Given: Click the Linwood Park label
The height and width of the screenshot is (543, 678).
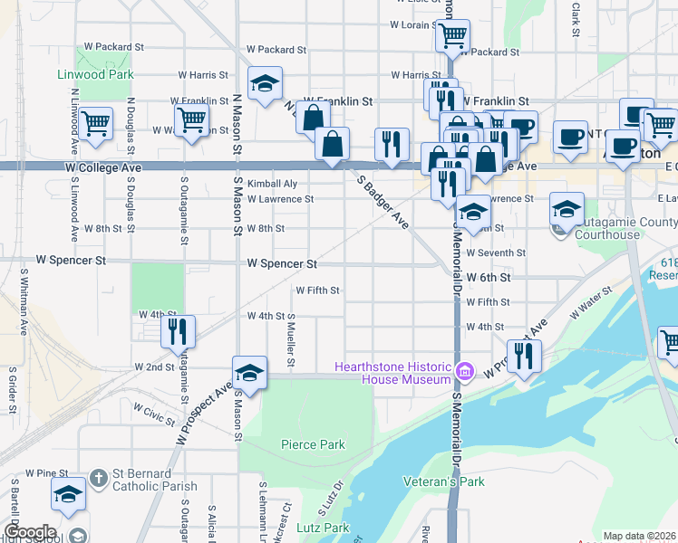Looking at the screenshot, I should pyautogui.click(x=95, y=74).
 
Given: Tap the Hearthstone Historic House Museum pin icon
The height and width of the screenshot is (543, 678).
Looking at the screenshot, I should pyautogui.click(x=465, y=371).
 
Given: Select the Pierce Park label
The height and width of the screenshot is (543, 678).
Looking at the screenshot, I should pyautogui.click(x=313, y=444).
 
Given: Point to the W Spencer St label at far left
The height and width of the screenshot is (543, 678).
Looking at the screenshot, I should pyautogui.click(x=71, y=260).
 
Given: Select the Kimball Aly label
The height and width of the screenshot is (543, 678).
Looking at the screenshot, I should pyautogui.click(x=272, y=183).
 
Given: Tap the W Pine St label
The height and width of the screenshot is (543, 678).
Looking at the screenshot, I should pyautogui.click(x=47, y=473).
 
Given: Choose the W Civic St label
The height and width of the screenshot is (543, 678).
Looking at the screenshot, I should pyautogui.click(x=153, y=415).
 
